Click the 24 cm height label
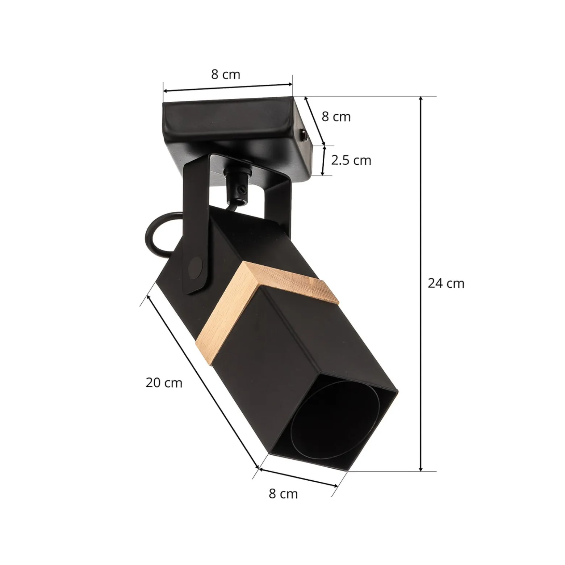pos(446,283)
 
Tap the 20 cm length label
pos(164,383)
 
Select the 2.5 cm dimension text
pos(351,160)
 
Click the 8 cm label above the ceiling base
pos(226,74)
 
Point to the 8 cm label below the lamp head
pos(283,494)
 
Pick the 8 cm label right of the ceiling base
pos(336,117)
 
